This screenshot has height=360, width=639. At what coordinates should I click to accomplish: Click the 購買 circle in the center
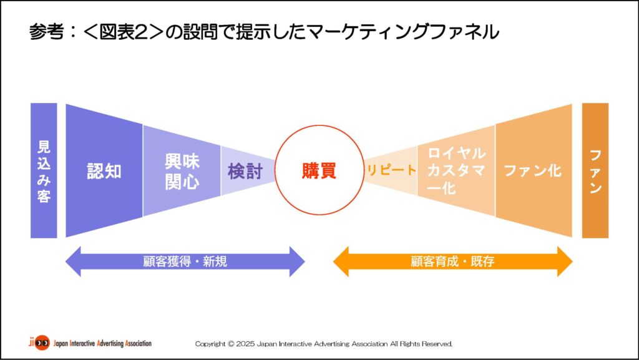[319, 170]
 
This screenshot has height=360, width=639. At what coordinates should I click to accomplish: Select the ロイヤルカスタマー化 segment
[456, 170]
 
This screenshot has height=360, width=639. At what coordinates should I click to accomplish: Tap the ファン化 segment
[532, 170]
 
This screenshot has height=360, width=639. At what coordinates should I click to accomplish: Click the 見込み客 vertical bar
[44, 170]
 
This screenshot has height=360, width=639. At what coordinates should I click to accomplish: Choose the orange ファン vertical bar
[595, 170]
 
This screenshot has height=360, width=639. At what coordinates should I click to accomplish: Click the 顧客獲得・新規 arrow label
[185, 261]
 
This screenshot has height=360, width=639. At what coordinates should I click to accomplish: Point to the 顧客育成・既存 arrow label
[452, 261]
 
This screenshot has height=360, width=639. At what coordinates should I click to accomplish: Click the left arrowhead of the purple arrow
[74, 261]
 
